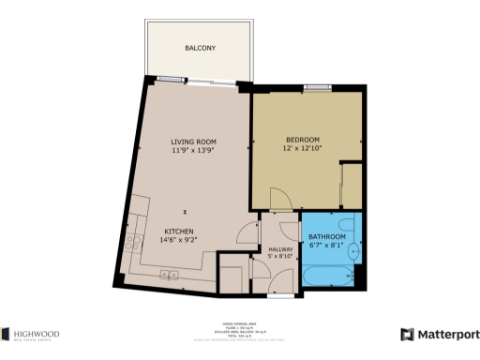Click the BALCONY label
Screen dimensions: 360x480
pos(200,48)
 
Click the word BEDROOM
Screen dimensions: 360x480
pos(303,140)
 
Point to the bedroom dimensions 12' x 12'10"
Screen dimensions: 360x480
pos(303,149)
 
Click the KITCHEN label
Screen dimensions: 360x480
pos(180,231)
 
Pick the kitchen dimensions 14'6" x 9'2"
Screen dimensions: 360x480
pos(180,240)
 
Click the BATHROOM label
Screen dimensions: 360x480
pos(327,236)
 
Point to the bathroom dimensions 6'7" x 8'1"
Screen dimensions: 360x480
pos(327,245)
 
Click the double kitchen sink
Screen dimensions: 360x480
pos(170,274)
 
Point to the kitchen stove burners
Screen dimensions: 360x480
pos(136,224)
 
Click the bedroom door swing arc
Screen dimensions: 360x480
pos(277,200)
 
